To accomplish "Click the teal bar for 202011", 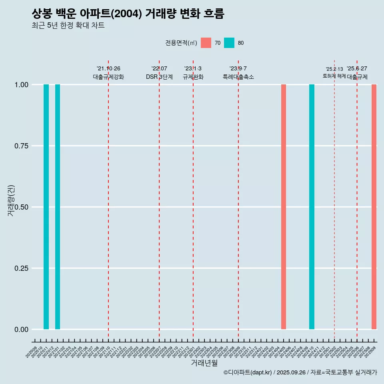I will (46, 207).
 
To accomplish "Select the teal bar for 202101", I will (58, 207).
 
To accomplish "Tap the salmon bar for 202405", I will (284, 207).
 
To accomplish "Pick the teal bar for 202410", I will (312, 207).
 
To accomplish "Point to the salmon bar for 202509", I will (374, 207).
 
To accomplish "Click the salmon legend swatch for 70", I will (206, 43).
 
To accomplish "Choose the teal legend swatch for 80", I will (229, 43).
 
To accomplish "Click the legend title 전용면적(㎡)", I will (181, 43).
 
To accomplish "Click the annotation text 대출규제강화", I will (108, 77).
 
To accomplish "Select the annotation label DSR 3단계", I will (159, 77).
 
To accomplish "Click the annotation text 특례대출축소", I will (238, 77).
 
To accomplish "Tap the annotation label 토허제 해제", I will (334, 76).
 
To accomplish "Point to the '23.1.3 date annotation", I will (193, 69).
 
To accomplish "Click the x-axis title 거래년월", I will (204, 363).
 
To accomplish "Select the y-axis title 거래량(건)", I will (11, 200).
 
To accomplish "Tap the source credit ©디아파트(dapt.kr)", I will (248, 373).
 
